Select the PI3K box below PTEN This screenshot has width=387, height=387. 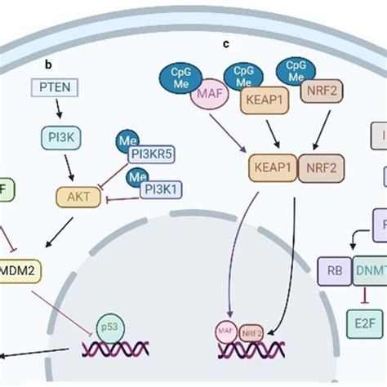59,140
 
